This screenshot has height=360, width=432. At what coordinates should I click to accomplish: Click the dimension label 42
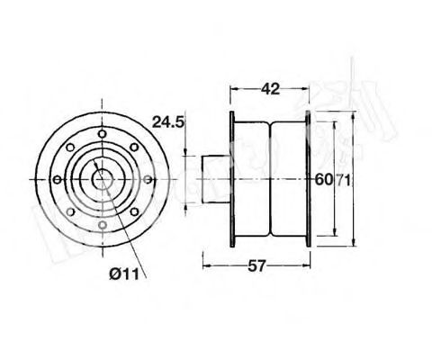(270, 89)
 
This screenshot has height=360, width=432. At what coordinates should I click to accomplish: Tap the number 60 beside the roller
(322, 179)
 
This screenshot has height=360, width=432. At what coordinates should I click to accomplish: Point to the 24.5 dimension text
(169, 121)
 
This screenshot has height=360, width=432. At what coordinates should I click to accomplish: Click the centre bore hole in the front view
(102, 178)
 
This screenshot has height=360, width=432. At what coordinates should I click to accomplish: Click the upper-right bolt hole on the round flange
(134, 147)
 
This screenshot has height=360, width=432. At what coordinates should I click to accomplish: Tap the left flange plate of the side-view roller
(232, 179)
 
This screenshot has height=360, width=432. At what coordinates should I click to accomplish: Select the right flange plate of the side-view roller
(308, 179)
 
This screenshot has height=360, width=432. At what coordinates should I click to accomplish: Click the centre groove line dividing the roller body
(270, 179)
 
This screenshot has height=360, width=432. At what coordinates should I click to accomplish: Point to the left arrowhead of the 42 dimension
(235, 89)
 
